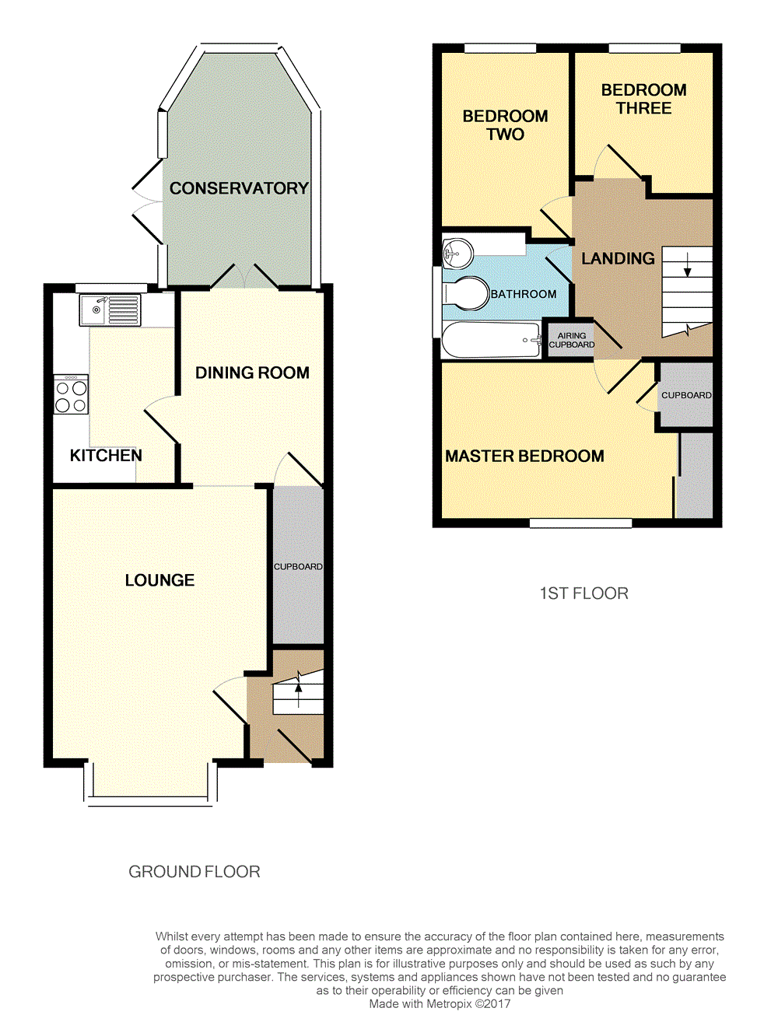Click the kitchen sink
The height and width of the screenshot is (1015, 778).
click(x=110, y=310)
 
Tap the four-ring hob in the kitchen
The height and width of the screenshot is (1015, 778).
click(x=71, y=394)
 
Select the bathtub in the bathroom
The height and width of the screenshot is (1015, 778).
click(x=491, y=340)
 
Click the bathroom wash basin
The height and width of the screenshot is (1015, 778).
click(x=458, y=253)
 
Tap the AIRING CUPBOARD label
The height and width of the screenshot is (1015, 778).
click(x=572, y=340)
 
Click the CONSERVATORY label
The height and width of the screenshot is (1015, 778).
click(x=239, y=188)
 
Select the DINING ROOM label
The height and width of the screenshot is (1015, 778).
click(x=252, y=373)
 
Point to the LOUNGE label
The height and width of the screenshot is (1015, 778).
click(x=159, y=580)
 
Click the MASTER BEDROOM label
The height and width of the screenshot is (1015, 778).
click(x=524, y=456)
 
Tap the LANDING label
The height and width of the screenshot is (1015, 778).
click(x=619, y=258)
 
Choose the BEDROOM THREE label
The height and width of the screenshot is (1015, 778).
click(x=644, y=99)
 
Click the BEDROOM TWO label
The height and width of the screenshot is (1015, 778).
click(x=505, y=125)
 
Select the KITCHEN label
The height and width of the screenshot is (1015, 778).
click(x=106, y=456)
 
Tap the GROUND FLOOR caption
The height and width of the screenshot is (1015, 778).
click(x=194, y=872)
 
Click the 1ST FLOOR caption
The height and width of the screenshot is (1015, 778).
click(x=584, y=593)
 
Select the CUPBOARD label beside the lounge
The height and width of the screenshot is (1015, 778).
click(x=298, y=566)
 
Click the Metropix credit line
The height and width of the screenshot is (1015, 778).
click(x=440, y=1003)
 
